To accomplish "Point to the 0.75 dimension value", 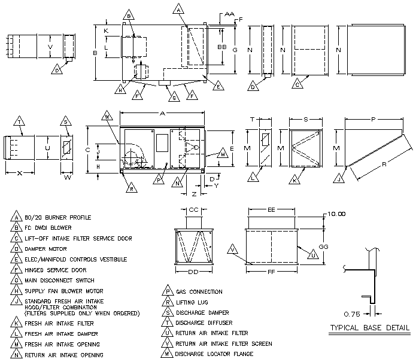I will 353,313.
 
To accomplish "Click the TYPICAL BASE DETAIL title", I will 369,327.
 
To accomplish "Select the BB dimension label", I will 221,46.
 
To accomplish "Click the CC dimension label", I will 193,211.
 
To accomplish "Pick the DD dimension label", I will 193,272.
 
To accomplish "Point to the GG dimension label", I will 323,247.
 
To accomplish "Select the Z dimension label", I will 195,194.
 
